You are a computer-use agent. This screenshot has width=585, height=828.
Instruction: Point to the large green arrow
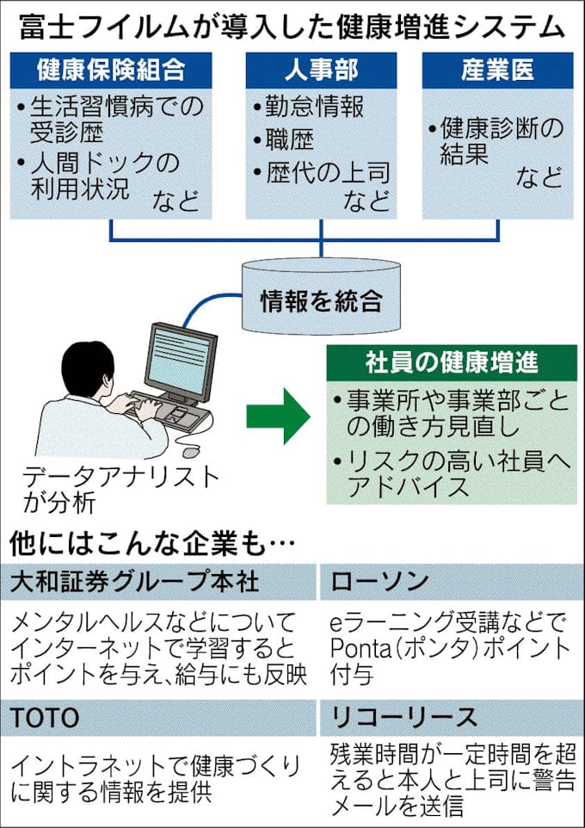[x=277, y=416]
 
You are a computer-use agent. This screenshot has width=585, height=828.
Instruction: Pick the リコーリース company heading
[x=403, y=716]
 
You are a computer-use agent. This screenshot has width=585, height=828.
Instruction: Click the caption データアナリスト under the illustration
[x=120, y=477]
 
